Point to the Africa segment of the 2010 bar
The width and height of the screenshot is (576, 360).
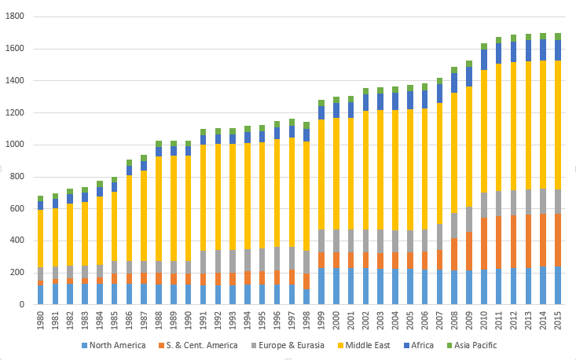coord(484,60)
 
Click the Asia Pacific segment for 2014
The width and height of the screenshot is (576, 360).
coord(544,36)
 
